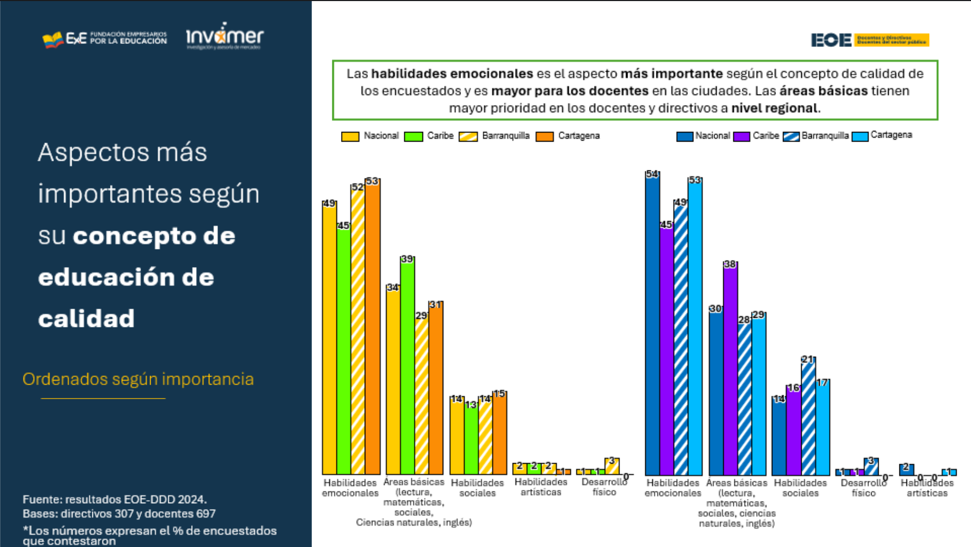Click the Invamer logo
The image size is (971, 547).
click(x=224, y=36)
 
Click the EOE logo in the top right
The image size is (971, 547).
click(x=870, y=40)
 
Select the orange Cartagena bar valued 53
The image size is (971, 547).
click(x=372, y=326)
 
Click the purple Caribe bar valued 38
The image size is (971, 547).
click(x=730, y=369)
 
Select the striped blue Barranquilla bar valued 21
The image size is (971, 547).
click(x=808, y=417)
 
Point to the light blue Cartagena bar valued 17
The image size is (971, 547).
click(x=823, y=427)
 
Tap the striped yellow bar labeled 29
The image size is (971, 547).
click(x=421, y=395)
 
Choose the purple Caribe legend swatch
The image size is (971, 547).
click(x=741, y=137)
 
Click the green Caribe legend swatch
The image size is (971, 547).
click(x=413, y=137)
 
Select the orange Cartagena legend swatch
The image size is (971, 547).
click(x=544, y=137)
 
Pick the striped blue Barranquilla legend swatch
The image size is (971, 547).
click(x=791, y=137)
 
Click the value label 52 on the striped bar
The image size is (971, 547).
click(x=357, y=187)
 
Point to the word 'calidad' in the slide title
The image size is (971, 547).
click(x=87, y=319)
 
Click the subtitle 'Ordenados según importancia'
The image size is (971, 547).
click(x=138, y=379)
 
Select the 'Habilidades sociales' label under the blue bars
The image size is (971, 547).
click(x=800, y=488)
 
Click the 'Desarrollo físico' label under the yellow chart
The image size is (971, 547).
click(x=604, y=487)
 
